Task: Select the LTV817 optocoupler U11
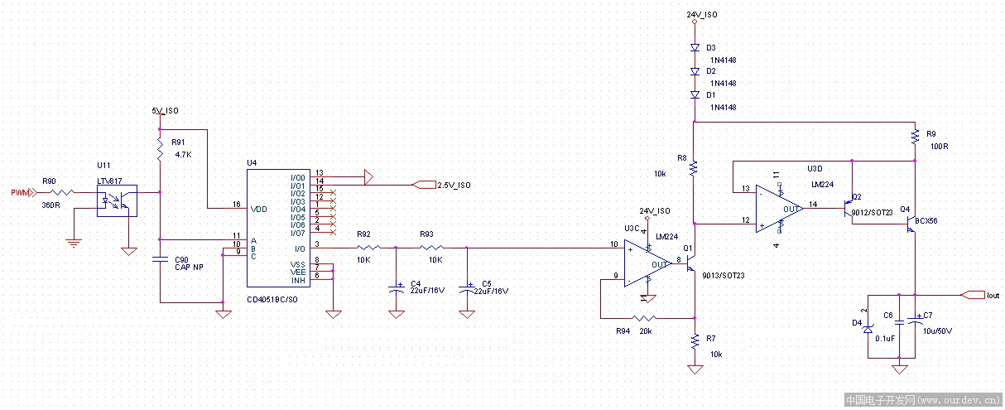click(x=117, y=200)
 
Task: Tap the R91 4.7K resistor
click(x=159, y=149)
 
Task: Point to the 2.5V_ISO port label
click(x=454, y=185)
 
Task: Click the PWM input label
click(x=21, y=193)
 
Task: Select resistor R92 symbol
click(x=365, y=247)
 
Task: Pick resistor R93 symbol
click(x=430, y=247)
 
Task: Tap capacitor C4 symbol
click(x=397, y=289)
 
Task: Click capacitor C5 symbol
click(x=467, y=289)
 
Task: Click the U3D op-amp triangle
click(x=779, y=209)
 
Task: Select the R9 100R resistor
click(x=915, y=137)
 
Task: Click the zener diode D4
click(x=868, y=329)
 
